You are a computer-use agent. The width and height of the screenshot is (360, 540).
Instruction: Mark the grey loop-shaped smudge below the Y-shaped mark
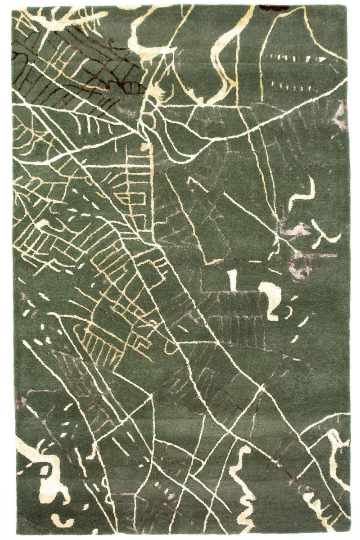tap(301, 265)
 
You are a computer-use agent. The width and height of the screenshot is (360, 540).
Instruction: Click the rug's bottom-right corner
tap(350, 534)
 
